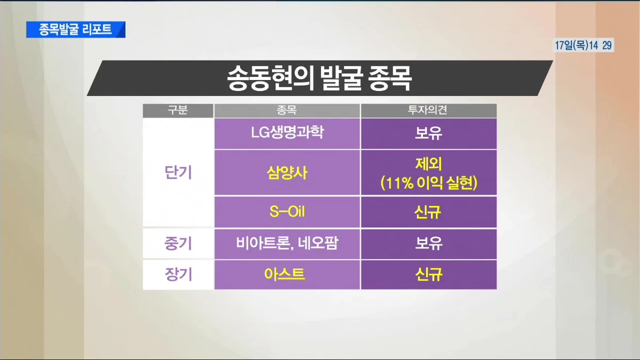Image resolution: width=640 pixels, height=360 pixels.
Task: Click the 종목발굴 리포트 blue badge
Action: tap(76, 29)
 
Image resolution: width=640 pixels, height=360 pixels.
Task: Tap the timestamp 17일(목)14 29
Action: tap(583, 46)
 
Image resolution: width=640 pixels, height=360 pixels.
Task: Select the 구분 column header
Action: tap(178, 110)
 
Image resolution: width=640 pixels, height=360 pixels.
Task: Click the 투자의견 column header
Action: tap(428, 110)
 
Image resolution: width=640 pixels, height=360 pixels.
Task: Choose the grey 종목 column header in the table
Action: tap(287, 110)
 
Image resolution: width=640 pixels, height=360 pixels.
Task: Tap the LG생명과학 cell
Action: tap(287, 133)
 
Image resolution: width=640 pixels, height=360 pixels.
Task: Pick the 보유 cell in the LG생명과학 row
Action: tap(428, 133)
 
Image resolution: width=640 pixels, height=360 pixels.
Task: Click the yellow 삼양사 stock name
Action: tap(287, 172)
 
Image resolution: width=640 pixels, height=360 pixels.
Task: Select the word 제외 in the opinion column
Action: tap(428, 163)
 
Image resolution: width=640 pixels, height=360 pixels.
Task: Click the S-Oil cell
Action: tap(287, 212)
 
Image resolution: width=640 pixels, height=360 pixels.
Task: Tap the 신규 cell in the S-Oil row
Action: tap(428, 212)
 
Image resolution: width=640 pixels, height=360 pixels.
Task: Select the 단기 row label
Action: tap(178, 172)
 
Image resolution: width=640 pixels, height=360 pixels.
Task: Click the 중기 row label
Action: tap(178, 244)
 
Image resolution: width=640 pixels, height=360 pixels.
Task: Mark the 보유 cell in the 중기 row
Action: tap(428, 244)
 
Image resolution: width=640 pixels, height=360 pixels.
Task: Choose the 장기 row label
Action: tap(178, 275)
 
